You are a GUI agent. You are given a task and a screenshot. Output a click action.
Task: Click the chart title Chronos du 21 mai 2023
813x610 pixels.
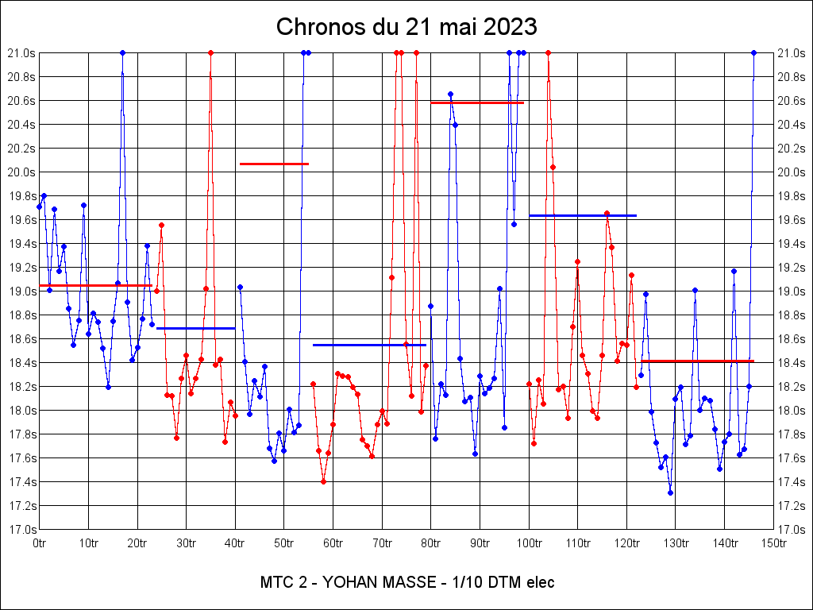(406, 27)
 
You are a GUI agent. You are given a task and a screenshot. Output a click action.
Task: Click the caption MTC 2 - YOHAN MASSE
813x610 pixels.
(350, 582)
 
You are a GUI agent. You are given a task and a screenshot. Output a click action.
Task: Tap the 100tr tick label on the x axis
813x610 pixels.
(529, 543)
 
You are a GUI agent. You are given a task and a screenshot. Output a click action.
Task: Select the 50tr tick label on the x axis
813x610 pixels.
(284, 543)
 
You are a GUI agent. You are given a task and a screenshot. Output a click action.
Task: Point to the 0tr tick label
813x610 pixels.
(39, 543)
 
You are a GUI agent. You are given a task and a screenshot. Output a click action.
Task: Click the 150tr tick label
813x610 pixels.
(774, 543)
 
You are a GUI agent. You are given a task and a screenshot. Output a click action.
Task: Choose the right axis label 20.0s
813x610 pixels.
(792, 172)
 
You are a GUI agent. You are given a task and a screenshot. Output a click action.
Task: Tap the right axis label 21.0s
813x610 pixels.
(792, 53)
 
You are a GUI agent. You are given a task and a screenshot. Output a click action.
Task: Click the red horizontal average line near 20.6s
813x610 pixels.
(477, 102)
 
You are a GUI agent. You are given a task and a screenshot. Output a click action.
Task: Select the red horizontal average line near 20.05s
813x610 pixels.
(274, 164)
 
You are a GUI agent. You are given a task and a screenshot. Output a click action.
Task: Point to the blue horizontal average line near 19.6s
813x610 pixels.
(583, 215)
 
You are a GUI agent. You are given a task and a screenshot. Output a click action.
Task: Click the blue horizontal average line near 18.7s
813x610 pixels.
(195, 328)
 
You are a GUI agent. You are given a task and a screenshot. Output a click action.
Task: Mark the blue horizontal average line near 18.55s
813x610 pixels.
(369, 345)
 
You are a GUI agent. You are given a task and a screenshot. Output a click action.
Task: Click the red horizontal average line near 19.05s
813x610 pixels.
(95, 285)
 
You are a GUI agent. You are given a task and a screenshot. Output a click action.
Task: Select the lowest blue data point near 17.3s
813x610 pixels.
(670, 492)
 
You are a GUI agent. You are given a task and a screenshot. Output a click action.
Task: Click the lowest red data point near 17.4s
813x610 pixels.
(323, 481)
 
